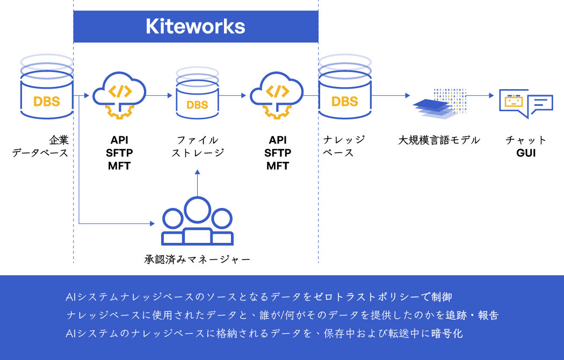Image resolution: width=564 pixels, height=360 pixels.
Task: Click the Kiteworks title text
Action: (x=195, y=26)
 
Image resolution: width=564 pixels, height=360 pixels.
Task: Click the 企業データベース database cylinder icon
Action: (x=47, y=91)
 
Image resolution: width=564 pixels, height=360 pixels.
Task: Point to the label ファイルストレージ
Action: (x=197, y=147)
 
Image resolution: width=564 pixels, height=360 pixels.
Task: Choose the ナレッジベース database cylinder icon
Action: (x=344, y=91)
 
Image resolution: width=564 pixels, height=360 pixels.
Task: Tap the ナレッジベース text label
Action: (x=344, y=147)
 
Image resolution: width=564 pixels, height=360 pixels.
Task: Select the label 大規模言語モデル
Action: (x=439, y=141)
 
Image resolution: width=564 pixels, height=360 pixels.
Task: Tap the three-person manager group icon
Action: (x=197, y=222)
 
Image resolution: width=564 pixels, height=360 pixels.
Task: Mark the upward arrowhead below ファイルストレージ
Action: (x=197, y=172)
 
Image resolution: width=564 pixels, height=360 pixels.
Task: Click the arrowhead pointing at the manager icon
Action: (x=152, y=222)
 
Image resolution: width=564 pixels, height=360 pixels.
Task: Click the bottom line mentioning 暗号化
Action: (x=264, y=334)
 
